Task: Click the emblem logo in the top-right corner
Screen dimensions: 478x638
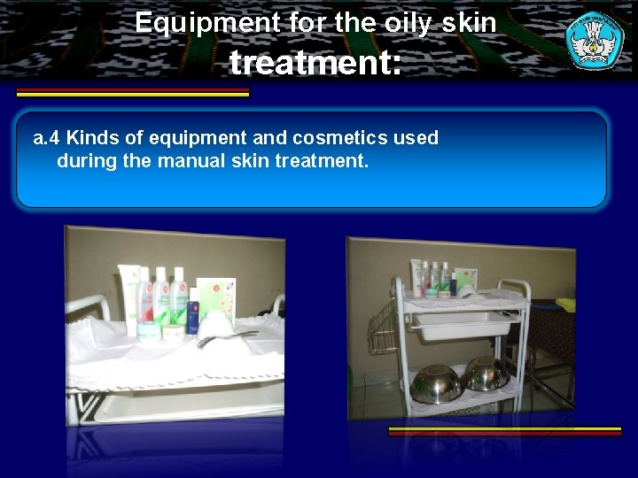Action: pos(595,40)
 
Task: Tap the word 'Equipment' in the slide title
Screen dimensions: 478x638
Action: pos(208,22)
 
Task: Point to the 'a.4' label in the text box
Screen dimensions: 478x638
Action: pos(46,138)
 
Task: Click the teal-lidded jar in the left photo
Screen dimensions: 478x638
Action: pos(149,329)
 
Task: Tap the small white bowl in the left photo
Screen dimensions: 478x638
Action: pos(214,323)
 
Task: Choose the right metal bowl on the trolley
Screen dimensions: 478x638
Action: pos(485,374)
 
